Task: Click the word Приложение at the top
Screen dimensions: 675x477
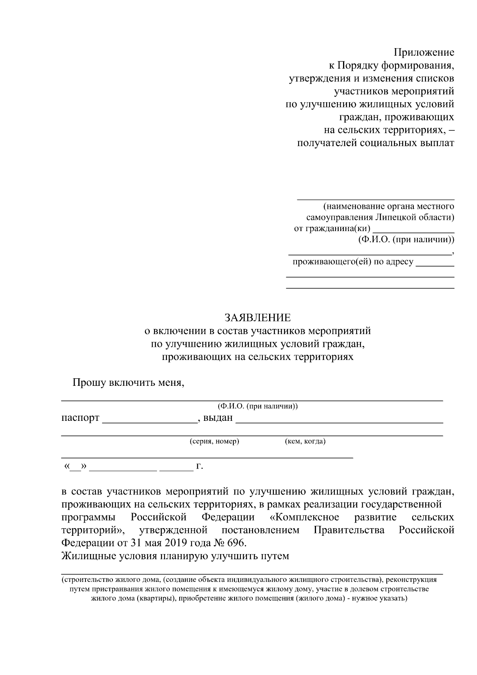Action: [x=424, y=52]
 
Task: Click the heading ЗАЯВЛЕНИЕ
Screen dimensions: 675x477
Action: [x=258, y=317]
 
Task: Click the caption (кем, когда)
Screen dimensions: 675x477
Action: [x=305, y=442]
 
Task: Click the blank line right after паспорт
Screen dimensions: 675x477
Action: [x=150, y=420]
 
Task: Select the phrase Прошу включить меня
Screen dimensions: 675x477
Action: [x=128, y=383]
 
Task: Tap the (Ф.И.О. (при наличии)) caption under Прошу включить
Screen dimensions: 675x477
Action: [x=258, y=407]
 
